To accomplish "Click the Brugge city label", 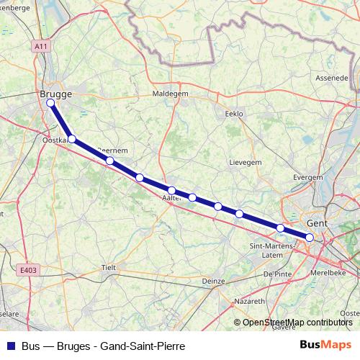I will tap(55, 94).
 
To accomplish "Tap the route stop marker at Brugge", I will tap(50, 103).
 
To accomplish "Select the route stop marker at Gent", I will tap(310, 237).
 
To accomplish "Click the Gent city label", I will tap(317, 224).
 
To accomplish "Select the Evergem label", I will tap(308, 176).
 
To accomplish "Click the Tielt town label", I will tap(109, 267).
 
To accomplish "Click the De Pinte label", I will tap(276, 274).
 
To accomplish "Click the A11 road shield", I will tap(42, 46).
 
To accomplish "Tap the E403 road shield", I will tap(28, 271).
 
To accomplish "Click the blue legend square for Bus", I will tap(11, 346).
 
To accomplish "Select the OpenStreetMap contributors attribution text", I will tap(297, 322).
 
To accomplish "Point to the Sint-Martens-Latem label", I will tap(270, 251).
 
